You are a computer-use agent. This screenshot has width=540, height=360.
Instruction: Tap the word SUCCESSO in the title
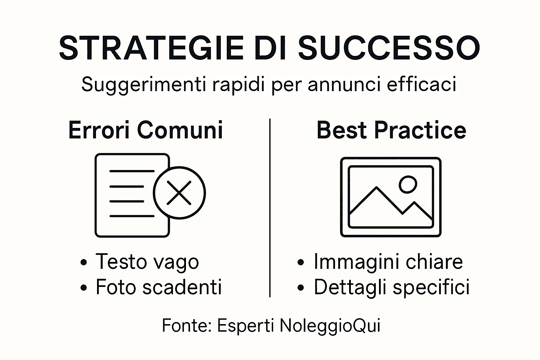[x=389, y=47]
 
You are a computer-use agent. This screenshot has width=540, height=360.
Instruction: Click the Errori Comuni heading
[x=146, y=130]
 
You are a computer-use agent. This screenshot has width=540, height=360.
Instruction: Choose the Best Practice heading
[x=391, y=130]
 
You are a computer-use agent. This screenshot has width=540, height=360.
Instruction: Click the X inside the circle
[x=179, y=193]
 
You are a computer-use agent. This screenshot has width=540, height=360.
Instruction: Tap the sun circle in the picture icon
[x=408, y=184]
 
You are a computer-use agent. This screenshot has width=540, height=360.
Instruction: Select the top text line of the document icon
[x=132, y=171]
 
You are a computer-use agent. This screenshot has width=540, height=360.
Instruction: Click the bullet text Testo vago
[x=147, y=262]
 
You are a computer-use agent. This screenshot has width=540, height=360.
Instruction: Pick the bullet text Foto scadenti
[x=159, y=287]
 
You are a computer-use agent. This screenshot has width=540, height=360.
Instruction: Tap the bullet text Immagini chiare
[x=388, y=262]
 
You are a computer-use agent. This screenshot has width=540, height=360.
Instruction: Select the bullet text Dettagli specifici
[x=392, y=287]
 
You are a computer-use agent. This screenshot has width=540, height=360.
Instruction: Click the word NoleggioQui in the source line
[x=330, y=326]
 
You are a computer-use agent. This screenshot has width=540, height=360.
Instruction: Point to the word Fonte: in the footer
[x=186, y=326]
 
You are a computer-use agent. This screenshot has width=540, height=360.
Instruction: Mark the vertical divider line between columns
[x=270, y=207]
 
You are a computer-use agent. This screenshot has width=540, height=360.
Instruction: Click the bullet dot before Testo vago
[x=83, y=262]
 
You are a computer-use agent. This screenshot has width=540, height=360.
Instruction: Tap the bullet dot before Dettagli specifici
[x=300, y=287]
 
